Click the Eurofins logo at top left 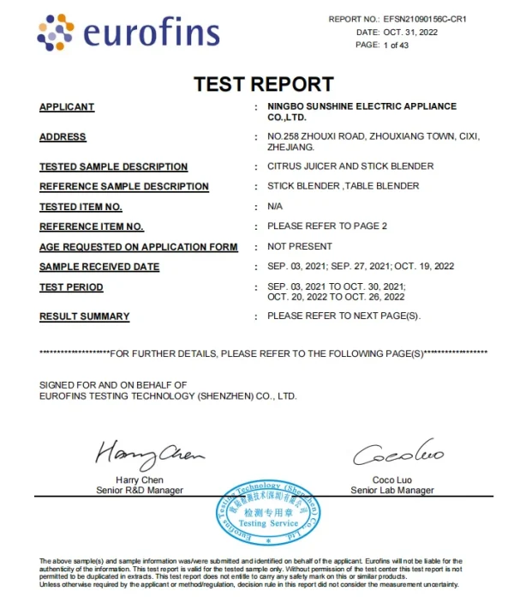128,33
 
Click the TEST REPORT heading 263,84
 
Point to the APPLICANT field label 67,107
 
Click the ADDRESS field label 63,137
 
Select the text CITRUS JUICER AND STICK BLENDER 350,166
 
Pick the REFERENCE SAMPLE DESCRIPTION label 123,186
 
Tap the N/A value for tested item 275,207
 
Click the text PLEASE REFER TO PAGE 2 327,226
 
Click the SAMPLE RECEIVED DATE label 99,267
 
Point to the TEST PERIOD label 71,287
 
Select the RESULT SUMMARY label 84,317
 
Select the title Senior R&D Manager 140,491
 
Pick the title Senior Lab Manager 392,491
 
